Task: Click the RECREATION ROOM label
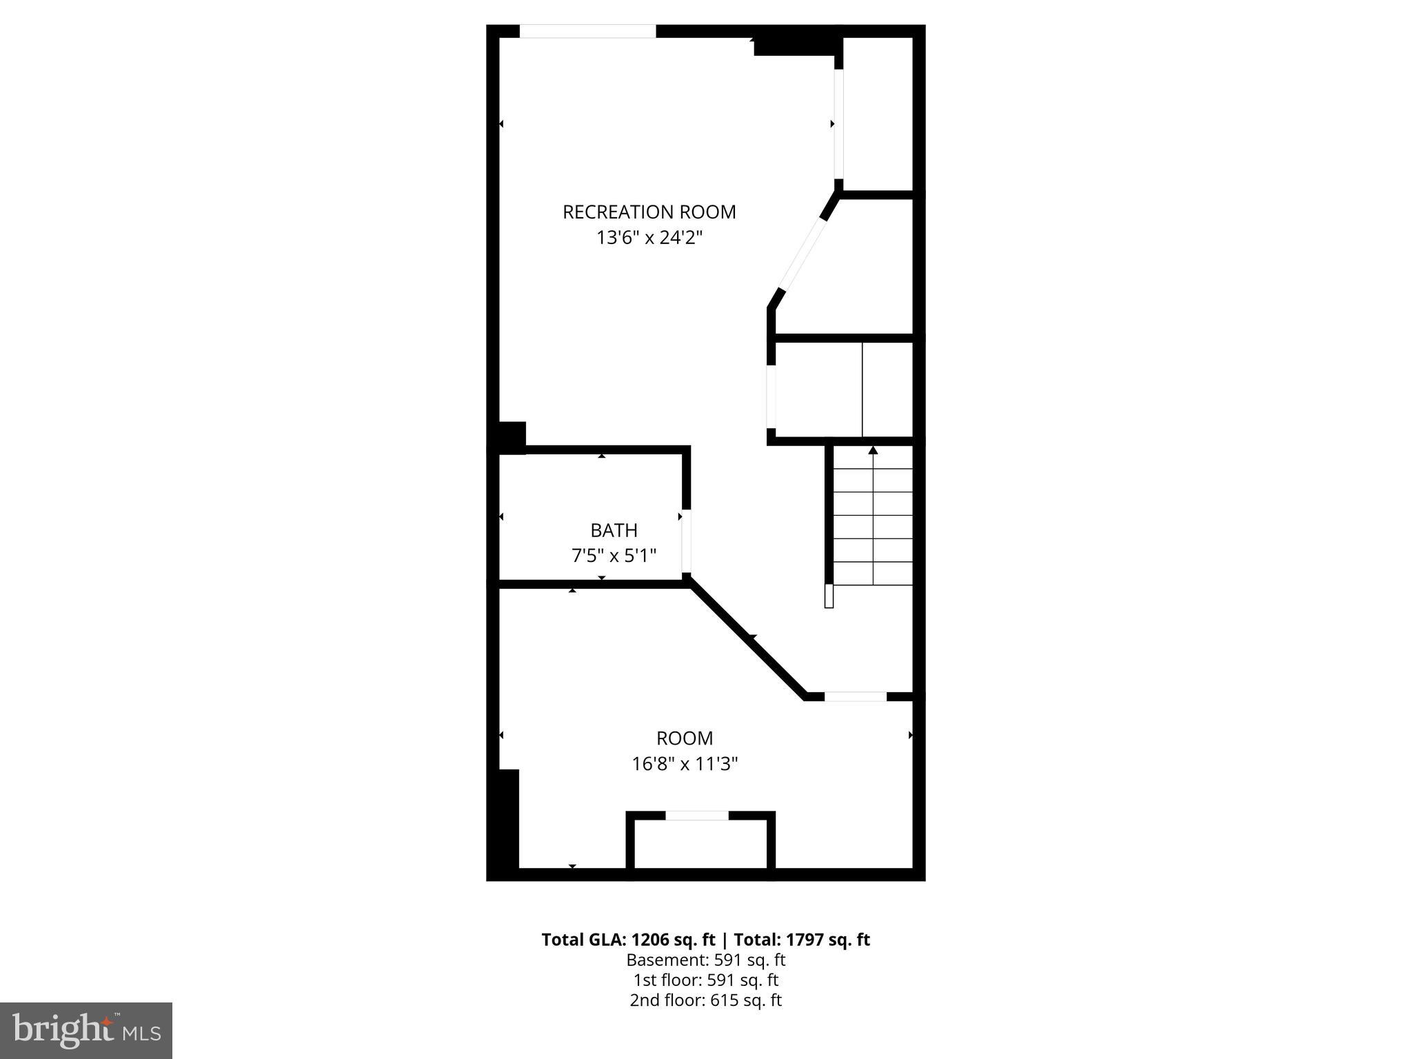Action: tap(649, 212)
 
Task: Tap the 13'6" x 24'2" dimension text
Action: tap(649, 238)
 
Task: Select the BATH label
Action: tap(614, 530)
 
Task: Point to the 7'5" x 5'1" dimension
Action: tap(614, 555)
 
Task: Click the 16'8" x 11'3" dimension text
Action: tap(685, 764)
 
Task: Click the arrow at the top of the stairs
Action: tap(873, 450)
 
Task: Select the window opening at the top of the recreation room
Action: tap(587, 31)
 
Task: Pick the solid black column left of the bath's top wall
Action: tap(511, 437)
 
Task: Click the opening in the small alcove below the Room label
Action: tap(696, 816)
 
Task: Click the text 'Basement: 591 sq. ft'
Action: tap(705, 960)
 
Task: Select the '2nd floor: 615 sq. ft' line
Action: tap(705, 1000)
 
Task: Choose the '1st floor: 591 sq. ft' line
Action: tap(705, 980)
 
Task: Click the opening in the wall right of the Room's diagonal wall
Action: tap(855, 696)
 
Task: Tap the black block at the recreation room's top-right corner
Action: tap(796, 46)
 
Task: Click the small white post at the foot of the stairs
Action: tap(829, 596)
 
